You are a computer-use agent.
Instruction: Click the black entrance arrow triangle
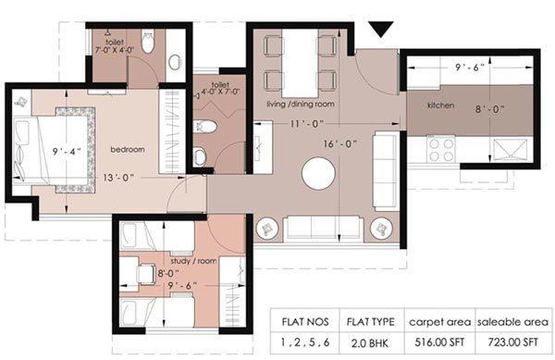coord(379,28)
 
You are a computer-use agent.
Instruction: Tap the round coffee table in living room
coord(317,173)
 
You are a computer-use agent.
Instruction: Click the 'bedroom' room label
coord(127,148)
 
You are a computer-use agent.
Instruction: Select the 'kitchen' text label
coord(440,106)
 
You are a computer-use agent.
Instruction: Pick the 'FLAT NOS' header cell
coord(306,322)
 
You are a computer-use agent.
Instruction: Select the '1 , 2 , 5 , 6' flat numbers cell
coord(306,341)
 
